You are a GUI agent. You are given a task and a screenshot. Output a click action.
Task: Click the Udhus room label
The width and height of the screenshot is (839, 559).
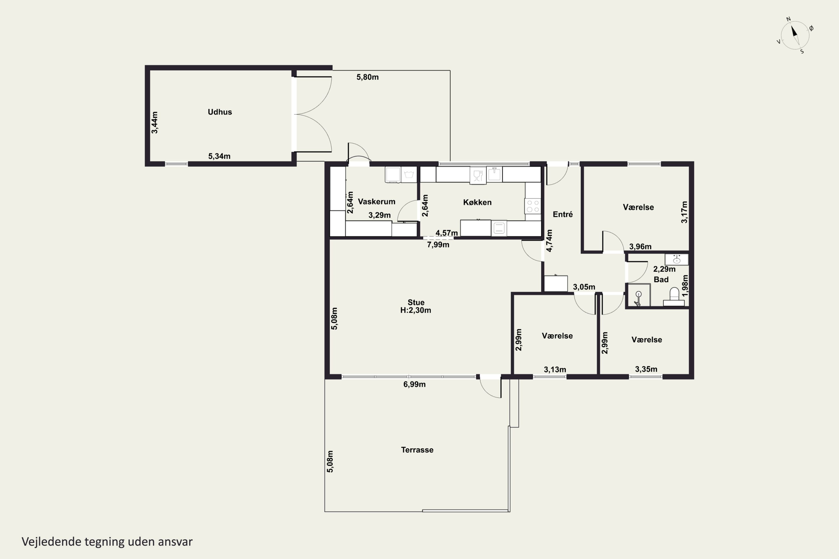tap(220, 112)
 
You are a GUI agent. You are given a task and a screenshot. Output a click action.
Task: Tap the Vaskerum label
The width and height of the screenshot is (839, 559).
tap(376, 202)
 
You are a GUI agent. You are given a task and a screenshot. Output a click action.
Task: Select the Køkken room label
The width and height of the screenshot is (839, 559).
tap(477, 202)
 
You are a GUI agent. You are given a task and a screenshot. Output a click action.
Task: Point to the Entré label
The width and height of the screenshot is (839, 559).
tap(562, 214)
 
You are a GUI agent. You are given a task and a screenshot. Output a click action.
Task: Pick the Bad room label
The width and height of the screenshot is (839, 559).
tap(661, 279)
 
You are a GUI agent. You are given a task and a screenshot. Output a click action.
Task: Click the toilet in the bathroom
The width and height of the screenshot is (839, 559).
tap(674, 297)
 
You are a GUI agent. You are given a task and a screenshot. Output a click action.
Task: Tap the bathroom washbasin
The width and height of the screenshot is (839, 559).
tap(676, 259)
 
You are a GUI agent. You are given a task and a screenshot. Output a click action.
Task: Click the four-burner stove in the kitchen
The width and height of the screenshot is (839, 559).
tap(532, 206)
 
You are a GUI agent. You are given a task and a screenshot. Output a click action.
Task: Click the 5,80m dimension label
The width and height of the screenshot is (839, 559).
tap(367, 77)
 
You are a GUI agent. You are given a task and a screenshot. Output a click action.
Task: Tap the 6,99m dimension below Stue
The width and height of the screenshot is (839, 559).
tap(414, 384)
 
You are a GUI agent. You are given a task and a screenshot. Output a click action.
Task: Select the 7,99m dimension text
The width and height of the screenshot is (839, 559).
tap(438, 245)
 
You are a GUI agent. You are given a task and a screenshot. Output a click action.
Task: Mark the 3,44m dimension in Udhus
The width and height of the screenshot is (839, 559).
tap(154, 123)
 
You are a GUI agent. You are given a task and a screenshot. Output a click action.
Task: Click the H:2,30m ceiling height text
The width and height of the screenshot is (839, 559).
tap(416, 310)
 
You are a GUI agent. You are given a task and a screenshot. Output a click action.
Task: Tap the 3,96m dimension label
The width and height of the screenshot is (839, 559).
tap(640, 246)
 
